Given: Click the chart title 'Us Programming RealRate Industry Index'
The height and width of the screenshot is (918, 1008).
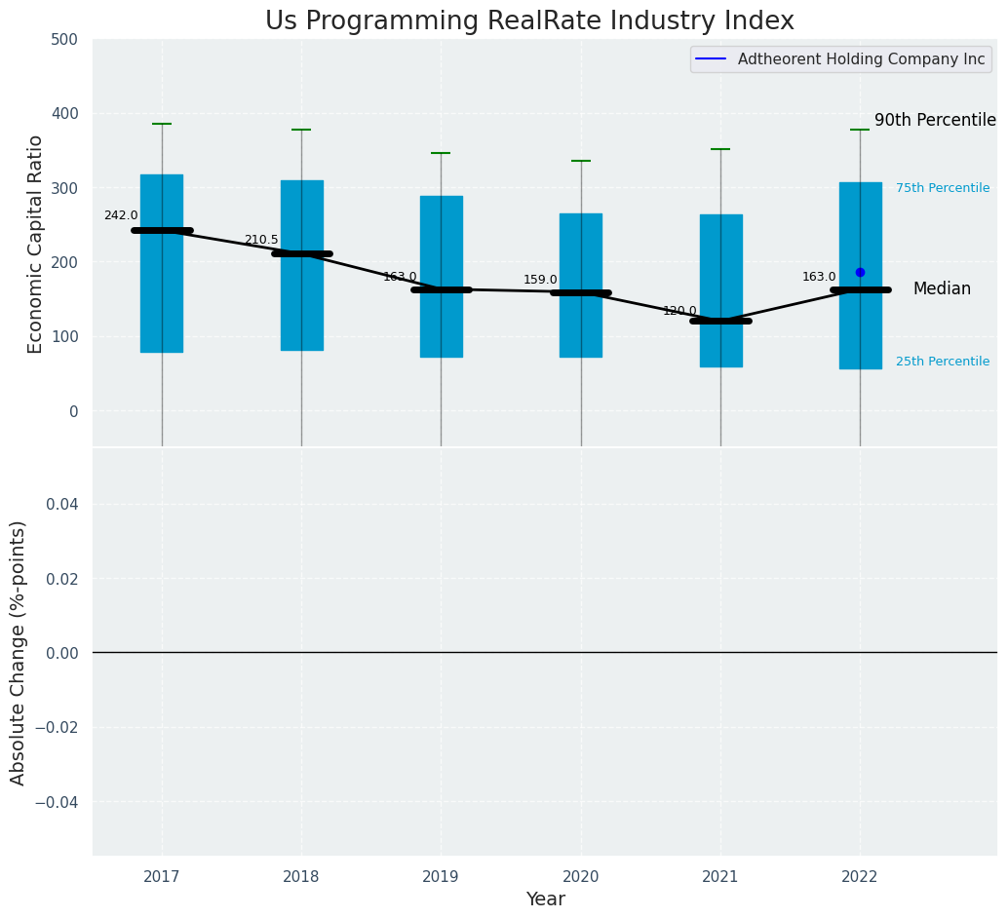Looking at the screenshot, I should (529, 21).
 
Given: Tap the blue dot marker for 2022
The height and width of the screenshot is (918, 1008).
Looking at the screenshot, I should (860, 273).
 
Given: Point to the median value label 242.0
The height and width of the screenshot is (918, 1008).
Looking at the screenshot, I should (121, 216).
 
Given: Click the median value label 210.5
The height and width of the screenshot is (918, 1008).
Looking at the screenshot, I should (260, 240).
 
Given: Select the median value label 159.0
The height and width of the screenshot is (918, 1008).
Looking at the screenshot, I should (540, 280).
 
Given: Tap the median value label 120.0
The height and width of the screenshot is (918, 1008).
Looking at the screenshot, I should (679, 311).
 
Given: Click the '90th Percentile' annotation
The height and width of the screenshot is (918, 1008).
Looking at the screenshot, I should (935, 121).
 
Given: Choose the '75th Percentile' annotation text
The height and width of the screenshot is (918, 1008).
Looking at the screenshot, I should (943, 188).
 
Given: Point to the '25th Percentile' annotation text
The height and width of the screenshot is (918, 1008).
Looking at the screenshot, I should (943, 362).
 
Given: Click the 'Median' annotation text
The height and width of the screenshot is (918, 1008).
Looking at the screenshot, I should (942, 289).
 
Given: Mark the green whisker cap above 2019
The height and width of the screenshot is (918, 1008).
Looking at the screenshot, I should (441, 153).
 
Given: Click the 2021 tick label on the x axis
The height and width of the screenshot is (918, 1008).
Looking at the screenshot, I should (720, 877).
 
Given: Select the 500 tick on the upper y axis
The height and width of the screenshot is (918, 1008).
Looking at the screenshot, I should (64, 40).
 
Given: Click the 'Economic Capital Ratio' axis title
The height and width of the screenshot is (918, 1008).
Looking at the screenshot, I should (36, 244).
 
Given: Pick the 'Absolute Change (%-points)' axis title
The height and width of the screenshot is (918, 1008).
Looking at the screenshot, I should (19, 652).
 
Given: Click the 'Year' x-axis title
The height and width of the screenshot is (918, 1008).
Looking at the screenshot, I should (545, 899).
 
